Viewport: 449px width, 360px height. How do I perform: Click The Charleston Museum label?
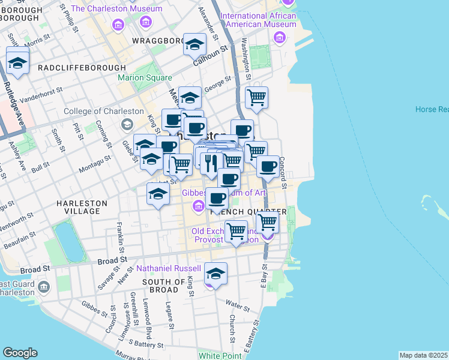(116, 9)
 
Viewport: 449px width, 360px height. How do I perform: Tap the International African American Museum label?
(258, 20)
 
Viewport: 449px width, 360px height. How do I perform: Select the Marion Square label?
(145, 78)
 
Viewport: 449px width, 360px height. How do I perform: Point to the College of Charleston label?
(103, 111)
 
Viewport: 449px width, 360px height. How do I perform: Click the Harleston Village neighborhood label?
(82, 207)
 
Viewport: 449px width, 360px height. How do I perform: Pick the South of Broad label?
(164, 286)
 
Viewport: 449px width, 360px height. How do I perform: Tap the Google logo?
(19, 353)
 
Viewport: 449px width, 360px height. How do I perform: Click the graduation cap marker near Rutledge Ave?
(18, 62)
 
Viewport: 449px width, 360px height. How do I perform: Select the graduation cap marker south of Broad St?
(215, 274)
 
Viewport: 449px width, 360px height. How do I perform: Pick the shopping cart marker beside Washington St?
(256, 97)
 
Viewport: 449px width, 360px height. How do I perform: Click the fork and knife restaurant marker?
(211, 163)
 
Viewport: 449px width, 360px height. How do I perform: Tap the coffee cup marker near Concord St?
(268, 165)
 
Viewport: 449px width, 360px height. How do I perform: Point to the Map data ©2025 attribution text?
(423, 355)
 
